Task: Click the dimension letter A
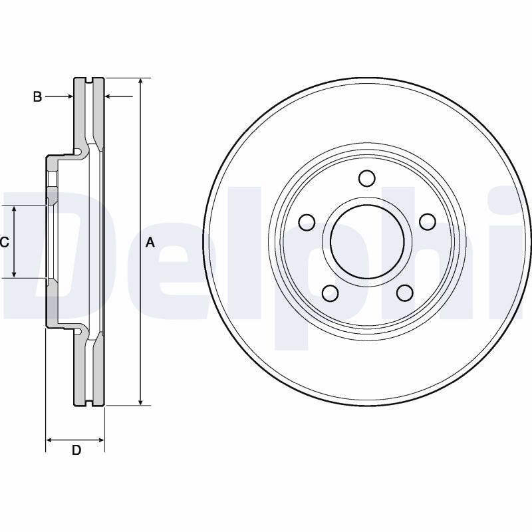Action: click(x=150, y=243)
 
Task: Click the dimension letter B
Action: click(x=37, y=96)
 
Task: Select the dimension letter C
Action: click(x=5, y=242)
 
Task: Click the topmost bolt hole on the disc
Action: click(x=367, y=178)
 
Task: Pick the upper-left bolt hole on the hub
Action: click(x=307, y=222)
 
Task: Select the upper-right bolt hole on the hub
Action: click(x=428, y=221)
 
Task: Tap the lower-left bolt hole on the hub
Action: click(x=330, y=293)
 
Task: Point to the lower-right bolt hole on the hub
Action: click(x=405, y=293)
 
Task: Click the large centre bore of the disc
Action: click(x=368, y=241)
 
